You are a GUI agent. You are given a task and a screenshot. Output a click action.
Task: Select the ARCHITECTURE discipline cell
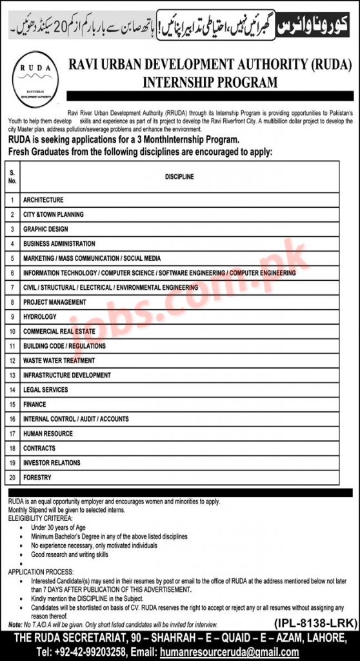(x=43, y=200)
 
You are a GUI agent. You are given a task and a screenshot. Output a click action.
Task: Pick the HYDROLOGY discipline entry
(x=40, y=317)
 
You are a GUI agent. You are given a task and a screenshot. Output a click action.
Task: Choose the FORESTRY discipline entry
(x=37, y=478)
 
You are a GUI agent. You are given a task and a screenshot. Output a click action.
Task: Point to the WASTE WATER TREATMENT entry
(x=59, y=361)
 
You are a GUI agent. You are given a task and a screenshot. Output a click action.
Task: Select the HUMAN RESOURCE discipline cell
(x=48, y=434)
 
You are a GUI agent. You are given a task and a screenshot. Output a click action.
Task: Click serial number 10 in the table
(x=12, y=332)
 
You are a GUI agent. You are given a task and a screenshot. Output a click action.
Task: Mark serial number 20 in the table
(x=12, y=478)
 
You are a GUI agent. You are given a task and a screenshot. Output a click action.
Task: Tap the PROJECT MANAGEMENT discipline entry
(x=54, y=302)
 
